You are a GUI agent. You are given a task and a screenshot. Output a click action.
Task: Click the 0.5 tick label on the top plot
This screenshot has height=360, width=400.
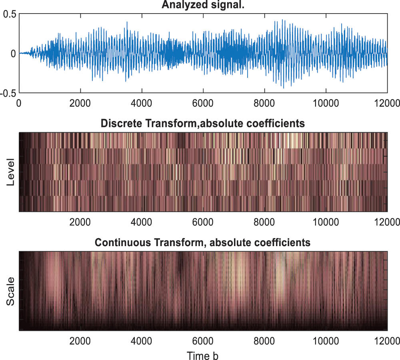point(9,14)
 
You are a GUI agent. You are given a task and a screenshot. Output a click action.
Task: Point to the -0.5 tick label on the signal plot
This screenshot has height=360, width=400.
point(8,92)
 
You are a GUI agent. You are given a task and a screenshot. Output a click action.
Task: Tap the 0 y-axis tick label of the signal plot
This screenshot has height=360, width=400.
point(13,53)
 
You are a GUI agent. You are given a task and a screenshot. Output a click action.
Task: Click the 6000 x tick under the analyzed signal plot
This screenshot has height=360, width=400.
point(203,103)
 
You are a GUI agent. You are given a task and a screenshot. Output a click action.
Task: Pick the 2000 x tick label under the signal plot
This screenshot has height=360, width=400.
point(80,103)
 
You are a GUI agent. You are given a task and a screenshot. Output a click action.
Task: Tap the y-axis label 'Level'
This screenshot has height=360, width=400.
point(11,172)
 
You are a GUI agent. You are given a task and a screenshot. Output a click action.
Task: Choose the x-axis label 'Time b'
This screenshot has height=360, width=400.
point(203,355)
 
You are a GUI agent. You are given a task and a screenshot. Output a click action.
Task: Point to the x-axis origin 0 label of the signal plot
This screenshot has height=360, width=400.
point(19,103)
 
